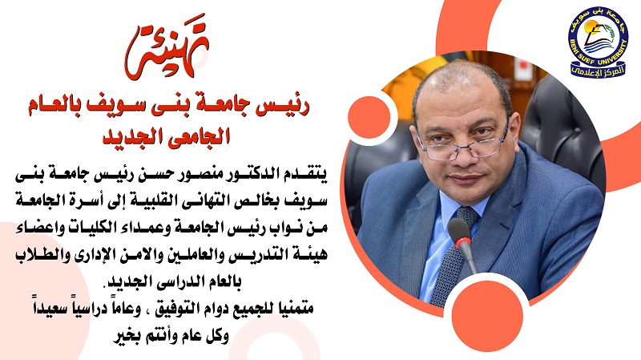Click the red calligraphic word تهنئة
[167, 48]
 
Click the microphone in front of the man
[463, 245]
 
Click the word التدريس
[249, 253]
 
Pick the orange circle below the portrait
[488, 316]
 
